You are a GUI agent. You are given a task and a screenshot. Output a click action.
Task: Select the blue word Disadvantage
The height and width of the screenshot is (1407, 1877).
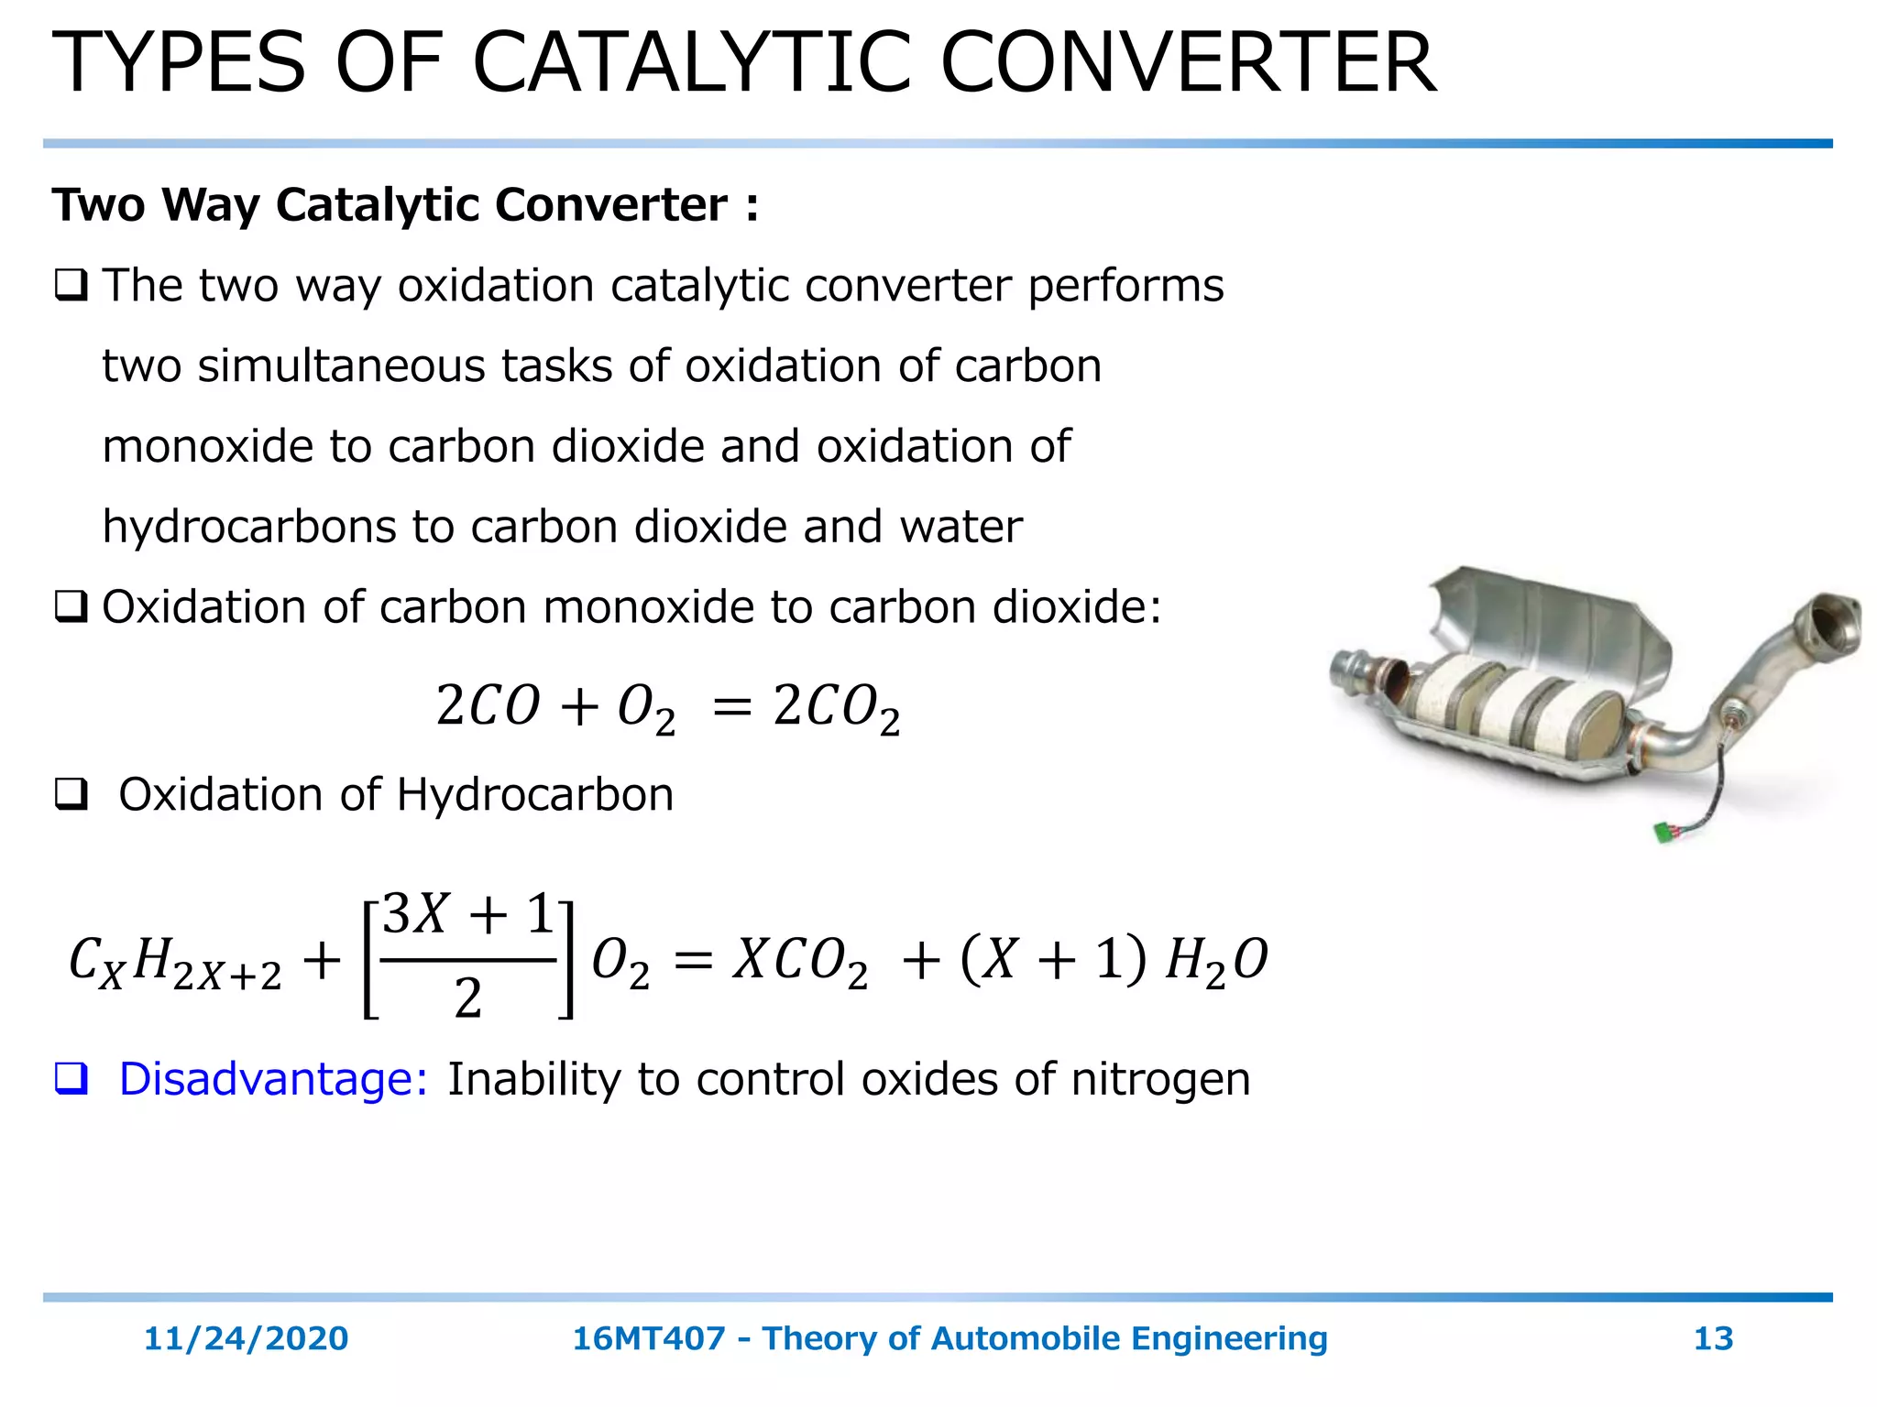tap(273, 1079)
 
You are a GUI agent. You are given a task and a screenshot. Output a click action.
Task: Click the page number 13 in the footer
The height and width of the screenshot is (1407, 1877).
tap(1713, 1338)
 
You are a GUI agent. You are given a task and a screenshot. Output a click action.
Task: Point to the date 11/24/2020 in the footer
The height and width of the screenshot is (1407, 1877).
tap(246, 1338)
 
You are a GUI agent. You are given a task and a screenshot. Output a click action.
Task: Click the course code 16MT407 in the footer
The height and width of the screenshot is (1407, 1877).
tap(649, 1338)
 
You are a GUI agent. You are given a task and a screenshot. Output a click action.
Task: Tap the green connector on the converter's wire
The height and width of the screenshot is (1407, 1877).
tap(1664, 832)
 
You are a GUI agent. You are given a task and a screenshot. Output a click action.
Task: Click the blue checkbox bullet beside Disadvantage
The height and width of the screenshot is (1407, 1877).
tap(71, 1078)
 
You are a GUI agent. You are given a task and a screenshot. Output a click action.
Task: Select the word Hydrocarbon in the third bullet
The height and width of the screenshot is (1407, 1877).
tap(535, 794)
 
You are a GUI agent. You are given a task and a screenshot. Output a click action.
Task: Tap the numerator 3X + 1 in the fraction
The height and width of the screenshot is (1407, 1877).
tap(468, 914)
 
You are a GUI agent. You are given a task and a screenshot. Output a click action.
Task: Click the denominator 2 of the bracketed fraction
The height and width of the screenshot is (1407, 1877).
tap(467, 998)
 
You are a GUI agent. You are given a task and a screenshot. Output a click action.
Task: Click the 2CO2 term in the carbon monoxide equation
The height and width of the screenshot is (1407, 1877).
tap(836, 707)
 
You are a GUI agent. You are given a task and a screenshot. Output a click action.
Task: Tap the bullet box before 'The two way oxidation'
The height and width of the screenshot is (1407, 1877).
tap(71, 286)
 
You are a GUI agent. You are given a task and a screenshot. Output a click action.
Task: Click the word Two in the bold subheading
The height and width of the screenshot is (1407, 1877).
tap(98, 204)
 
